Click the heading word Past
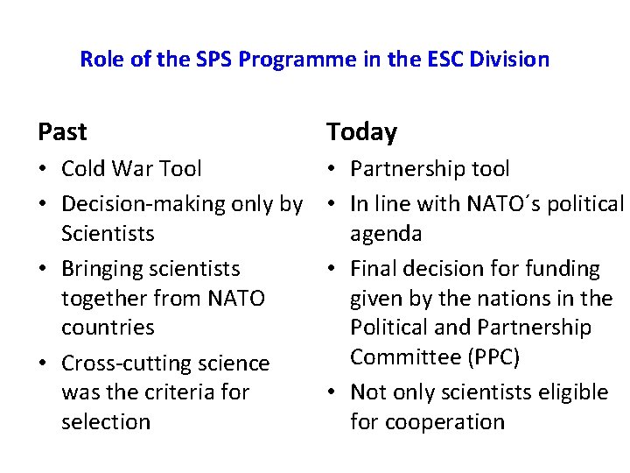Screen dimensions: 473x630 point(62,132)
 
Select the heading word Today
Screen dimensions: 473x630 point(361,132)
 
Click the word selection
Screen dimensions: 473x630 point(106,422)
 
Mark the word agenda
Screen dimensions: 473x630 point(386,234)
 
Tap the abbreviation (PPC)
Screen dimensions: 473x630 point(493,357)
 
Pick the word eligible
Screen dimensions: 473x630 point(572,392)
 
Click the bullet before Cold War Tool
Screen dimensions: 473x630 point(44,169)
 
